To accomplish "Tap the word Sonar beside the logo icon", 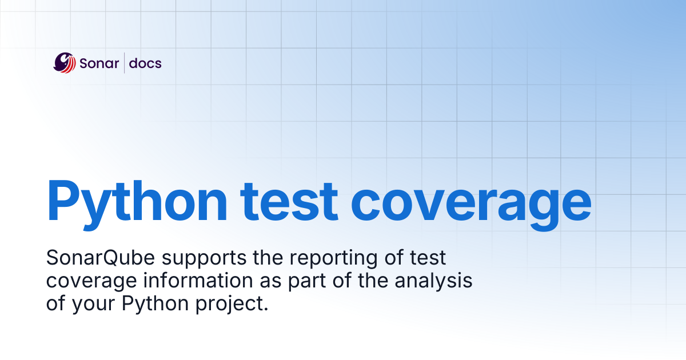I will (99, 63).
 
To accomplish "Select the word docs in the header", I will (145, 63).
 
